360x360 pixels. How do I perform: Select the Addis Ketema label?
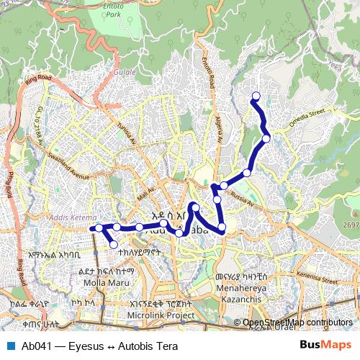click(69, 217)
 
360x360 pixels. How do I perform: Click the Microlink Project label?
click(163, 315)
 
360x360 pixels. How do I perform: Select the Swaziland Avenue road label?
click(68, 166)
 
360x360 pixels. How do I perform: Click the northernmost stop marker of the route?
click(255, 96)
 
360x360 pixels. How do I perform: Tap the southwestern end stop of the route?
click(113, 245)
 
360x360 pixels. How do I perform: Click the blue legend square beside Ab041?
click(9, 345)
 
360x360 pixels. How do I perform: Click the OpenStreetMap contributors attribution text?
click(297, 323)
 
